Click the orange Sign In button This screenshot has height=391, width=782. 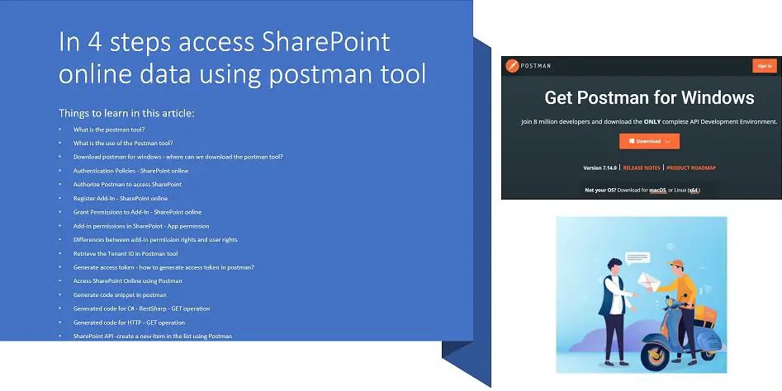coord(763,66)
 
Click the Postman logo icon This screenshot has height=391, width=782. coord(511,66)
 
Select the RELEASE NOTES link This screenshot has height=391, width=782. coord(642,167)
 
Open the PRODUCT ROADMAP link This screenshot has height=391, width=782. coord(691,167)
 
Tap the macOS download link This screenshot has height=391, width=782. coord(657,190)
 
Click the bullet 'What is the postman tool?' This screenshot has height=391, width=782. coord(109,130)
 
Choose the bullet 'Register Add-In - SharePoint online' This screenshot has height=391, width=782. coord(121,198)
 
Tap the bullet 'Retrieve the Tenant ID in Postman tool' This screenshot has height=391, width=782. coord(126,253)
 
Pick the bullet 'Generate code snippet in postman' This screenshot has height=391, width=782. coord(120,294)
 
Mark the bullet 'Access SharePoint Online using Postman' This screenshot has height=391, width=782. coord(128,280)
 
